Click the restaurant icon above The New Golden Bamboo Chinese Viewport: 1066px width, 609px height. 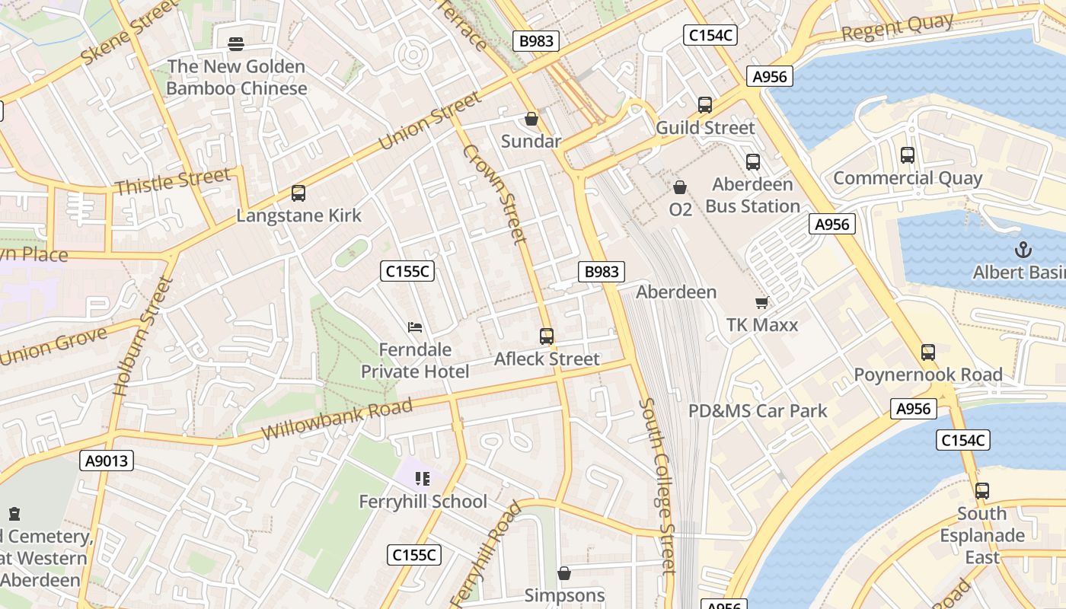point(236,44)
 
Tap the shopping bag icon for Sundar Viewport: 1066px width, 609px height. point(531,120)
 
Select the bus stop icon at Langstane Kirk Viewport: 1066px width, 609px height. point(298,193)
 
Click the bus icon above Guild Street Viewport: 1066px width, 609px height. point(705,105)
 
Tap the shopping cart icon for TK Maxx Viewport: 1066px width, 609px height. point(761,303)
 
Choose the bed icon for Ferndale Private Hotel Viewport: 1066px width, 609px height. point(415,328)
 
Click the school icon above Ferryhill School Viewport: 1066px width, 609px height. point(423,479)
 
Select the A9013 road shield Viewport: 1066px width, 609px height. point(107,461)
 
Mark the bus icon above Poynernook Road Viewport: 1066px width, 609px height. point(927,352)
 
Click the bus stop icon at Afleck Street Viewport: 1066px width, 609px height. point(546,336)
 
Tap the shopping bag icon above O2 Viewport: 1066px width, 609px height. point(680,187)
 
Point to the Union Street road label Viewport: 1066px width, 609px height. point(430,121)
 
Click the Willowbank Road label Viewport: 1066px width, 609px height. point(337,419)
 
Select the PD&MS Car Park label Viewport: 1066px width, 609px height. point(758,411)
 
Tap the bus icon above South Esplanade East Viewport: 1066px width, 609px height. point(982,491)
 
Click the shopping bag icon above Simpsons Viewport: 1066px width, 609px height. point(564,573)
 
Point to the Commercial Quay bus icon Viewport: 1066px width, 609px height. point(907,155)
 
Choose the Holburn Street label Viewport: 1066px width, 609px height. point(142,336)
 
